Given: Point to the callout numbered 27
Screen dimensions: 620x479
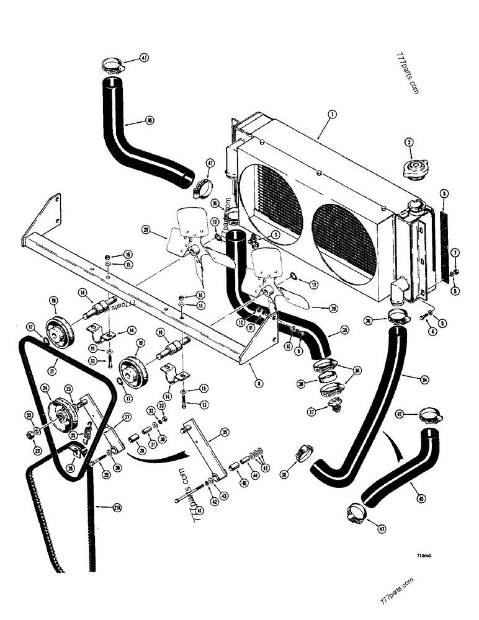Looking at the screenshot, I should coord(127,417).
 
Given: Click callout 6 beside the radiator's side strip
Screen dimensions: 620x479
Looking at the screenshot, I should coord(443,193).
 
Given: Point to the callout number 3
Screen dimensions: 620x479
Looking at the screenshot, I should coord(274,234).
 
